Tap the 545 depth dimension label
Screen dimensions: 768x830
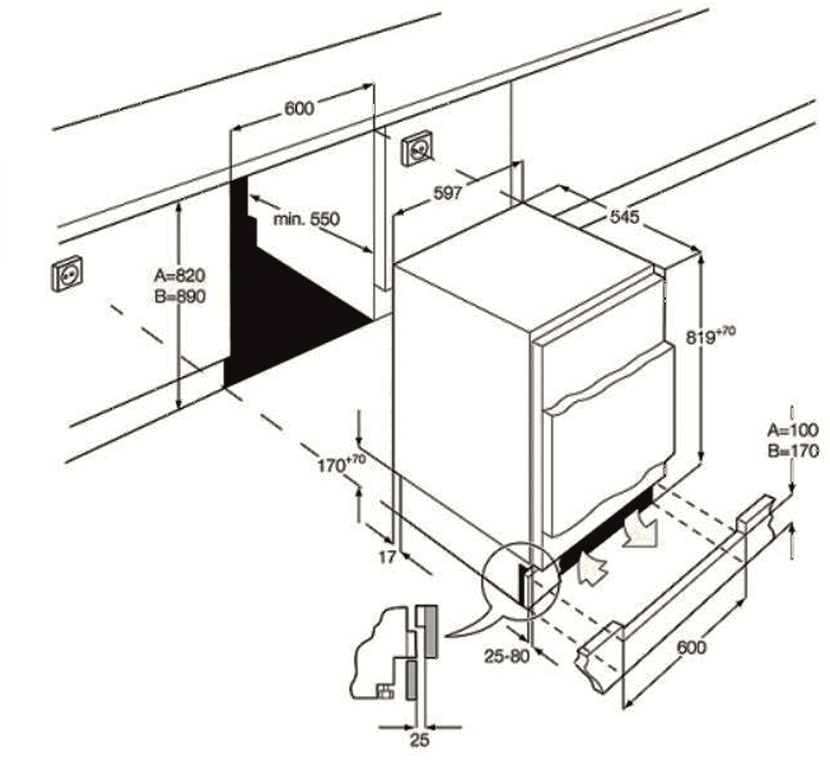(624, 216)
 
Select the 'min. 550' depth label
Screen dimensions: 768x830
(306, 218)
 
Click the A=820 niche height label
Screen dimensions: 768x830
(180, 275)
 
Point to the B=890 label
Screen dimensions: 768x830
(180, 297)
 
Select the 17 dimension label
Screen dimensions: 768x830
(387, 557)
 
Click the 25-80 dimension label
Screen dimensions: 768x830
(507, 655)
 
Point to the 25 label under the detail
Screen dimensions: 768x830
(419, 740)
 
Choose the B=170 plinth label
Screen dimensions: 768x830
(792, 451)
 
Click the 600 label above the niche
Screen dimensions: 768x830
(299, 108)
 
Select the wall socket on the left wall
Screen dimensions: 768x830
(67, 275)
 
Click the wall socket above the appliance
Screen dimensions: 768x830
(418, 148)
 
